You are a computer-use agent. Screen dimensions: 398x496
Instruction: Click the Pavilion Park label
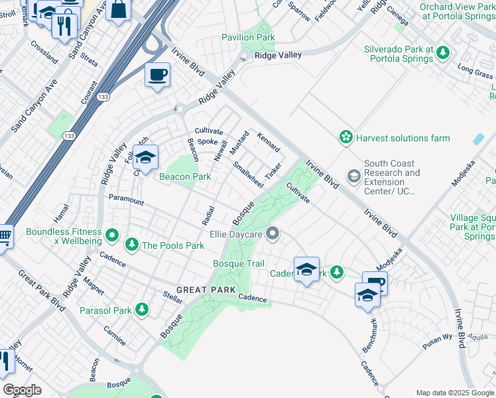point(248,38)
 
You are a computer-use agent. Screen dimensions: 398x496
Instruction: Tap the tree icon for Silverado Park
point(442,52)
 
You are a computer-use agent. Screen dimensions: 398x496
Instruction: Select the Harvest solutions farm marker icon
point(345,137)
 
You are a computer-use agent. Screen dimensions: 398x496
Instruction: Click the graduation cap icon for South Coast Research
point(353,175)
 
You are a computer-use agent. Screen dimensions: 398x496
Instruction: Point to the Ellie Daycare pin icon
point(273,233)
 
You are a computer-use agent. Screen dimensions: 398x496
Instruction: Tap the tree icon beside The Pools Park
point(132,245)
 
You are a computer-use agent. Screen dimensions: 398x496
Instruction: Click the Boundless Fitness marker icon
point(112,235)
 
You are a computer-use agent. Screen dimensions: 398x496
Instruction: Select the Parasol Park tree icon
point(141,310)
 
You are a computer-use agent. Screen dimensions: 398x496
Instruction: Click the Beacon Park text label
point(185,176)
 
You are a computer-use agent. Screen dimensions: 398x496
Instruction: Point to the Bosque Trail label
point(239,263)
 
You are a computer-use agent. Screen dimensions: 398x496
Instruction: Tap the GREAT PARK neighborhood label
point(206,290)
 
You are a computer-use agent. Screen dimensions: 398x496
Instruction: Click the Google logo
point(22,390)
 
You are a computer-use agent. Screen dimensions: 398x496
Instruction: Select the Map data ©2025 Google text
point(455,393)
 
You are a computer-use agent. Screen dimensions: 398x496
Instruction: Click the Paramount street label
point(126,199)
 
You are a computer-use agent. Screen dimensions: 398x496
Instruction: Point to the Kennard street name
point(268,141)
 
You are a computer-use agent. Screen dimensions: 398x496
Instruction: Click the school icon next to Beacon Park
point(146,158)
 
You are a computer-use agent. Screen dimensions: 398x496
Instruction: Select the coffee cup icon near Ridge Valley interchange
point(157,75)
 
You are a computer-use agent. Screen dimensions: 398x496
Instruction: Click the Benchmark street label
point(369,336)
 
